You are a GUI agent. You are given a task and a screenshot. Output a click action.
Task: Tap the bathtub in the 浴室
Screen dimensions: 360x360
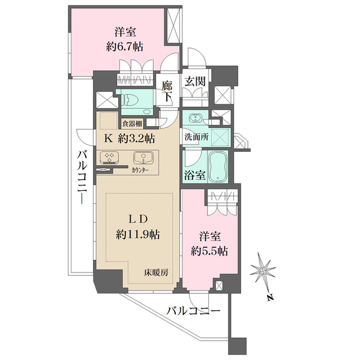coord(218,167)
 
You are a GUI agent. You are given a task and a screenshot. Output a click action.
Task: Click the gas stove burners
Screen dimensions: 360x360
coord(109,158)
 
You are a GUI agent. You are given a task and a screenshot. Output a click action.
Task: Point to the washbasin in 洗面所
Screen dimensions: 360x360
coord(196,118)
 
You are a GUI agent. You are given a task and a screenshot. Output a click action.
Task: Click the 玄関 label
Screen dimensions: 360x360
coord(195,82)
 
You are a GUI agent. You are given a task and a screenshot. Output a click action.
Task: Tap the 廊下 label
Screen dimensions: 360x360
coord(167,91)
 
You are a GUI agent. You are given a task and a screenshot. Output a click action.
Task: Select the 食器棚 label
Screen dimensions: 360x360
coord(132,124)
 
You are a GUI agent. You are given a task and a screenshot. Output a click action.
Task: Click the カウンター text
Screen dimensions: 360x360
coord(140,170)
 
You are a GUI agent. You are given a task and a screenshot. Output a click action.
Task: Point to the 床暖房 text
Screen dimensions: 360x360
coord(156,273)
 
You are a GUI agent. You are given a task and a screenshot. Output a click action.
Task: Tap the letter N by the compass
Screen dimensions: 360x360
coord(271,298)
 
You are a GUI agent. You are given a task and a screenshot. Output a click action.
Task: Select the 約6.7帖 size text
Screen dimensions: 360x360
coord(124,47)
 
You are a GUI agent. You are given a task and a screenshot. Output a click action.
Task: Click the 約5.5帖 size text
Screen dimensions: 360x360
coord(209,251)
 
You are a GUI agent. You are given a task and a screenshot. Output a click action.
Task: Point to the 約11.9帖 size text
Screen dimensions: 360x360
coord(138,235)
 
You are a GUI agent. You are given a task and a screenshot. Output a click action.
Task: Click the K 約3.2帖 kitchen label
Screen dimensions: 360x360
coord(130,139)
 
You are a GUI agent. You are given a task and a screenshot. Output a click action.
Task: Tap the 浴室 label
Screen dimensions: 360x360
coord(195,175)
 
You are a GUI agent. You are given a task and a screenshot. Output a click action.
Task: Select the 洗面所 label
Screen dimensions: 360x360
coord(197,137)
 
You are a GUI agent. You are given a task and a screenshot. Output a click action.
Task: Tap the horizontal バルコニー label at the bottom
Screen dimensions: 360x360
coord(194,311)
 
